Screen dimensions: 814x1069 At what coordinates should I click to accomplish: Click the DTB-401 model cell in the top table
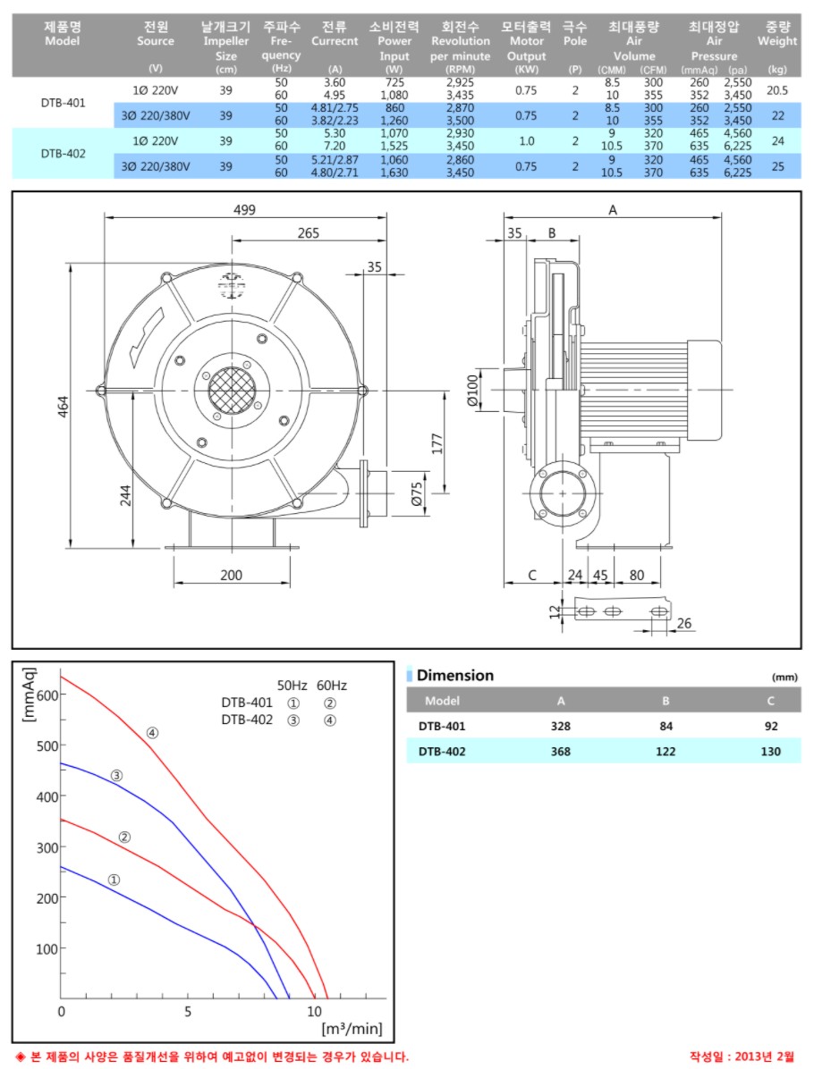click(63, 103)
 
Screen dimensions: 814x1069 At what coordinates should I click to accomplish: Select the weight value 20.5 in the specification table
click(777, 90)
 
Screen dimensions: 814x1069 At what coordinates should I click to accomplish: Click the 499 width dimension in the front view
click(244, 210)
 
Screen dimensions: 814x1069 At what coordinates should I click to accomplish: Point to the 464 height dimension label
click(63, 407)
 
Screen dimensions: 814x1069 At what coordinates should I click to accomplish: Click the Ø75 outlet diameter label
click(417, 493)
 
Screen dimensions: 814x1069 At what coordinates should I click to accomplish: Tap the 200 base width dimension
click(232, 575)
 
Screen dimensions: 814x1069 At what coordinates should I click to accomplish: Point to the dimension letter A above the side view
click(613, 210)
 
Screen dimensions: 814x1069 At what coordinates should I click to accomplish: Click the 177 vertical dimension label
click(437, 443)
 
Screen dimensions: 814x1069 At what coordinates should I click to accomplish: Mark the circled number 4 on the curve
click(152, 733)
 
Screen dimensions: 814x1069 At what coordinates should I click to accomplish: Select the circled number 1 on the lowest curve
click(114, 880)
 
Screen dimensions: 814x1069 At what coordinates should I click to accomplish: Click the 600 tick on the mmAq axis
click(47, 694)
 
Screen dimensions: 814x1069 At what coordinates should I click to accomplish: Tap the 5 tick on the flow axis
click(188, 1011)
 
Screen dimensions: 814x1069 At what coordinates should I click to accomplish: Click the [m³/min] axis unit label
click(352, 1028)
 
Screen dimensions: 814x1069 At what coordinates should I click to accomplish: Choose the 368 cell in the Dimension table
click(560, 752)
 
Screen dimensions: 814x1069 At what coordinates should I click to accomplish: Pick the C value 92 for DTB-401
click(771, 726)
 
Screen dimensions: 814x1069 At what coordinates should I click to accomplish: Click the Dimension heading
click(455, 675)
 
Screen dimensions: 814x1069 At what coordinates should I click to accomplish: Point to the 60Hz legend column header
click(332, 686)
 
